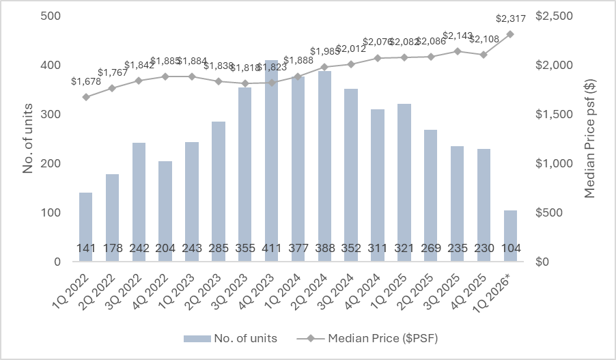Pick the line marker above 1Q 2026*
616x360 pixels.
coord(510,34)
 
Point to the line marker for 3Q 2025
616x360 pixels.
coord(457,51)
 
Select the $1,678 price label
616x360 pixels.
coord(85,83)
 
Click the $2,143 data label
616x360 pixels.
coord(457,36)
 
